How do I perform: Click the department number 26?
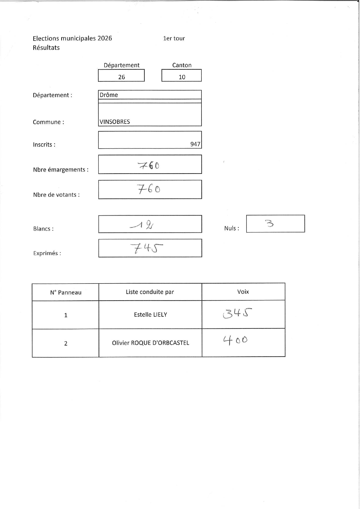click(x=122, y=77)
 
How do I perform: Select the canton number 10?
click(x=182, y=77)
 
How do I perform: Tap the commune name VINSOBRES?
click(x=115, y=122)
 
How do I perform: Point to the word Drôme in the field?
click(x=109, y=95)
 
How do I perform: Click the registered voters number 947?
click(x=195, y=144)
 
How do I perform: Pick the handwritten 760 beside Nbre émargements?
click(x=149, y=165)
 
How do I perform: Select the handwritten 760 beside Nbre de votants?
click(x=149, y=189)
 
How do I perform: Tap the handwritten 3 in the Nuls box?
click(x=269, y=223)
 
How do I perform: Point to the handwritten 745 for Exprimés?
click(x=146, y=248)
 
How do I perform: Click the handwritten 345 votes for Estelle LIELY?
click(x=237, y=313)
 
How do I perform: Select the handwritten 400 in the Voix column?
click(x=235, y=340)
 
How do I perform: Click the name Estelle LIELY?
click(x=150, y=315)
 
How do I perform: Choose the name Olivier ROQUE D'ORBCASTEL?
click(x=150, y=343)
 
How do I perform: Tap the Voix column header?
click(x=243, y=292)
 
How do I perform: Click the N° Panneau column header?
click(x=66, y=293)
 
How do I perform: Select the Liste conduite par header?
click(x=150, y=292)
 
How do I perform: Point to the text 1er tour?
click(x=174, y=38)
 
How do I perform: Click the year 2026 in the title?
click(x=105, y=38)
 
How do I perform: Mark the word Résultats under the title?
click(x=46, y=48)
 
